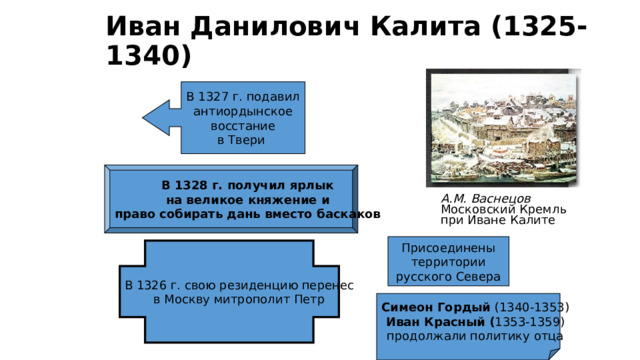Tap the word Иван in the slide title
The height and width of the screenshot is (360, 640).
[141, 25]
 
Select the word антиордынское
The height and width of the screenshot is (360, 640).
[242, 111]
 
